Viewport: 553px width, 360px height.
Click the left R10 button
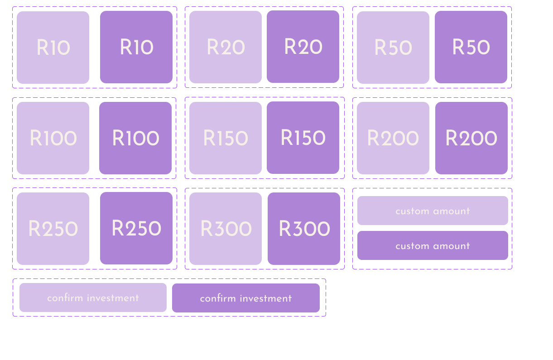[x=53, y=48]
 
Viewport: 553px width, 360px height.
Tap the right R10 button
[x=136, y=47]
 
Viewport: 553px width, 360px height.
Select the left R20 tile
[x=226, y=47]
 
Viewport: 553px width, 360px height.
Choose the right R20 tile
[x=303, y=47]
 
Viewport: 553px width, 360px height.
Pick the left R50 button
[x=393, y=48]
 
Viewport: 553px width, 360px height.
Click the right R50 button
[x=471, y=47]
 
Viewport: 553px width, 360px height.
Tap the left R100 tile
[x=53, y=138]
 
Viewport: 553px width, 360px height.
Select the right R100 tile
[x=135, y=138]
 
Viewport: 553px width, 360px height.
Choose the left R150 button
[x=226, y=138]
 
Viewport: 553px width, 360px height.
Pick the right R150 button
[x=303, y=138]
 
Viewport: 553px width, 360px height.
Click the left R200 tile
[x=393, y=138]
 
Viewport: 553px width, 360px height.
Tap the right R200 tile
[x=471, y=138]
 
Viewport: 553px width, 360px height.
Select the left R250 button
[x=53, y=229]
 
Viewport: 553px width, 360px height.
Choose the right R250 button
[x=136, y=228]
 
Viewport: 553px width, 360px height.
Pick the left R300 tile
[x=226, y=229]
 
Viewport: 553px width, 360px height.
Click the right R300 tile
[x=304, y=229]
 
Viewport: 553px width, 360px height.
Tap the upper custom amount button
[x=433, y=211]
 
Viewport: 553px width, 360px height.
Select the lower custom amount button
[x=433, y=245]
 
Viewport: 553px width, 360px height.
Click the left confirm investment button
[x=93, y=298]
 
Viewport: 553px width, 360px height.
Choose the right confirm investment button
[x=246, y=298]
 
